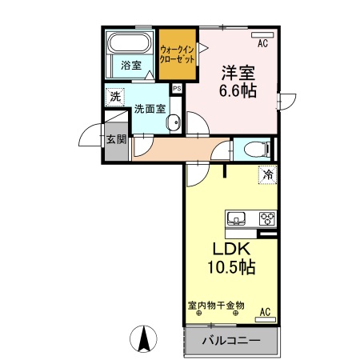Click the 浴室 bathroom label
pyautogui.click(x=130, y=66)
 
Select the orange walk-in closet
pyautogui.click(x=178, y=54)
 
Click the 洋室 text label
pyautogui.click(x=238, y=71)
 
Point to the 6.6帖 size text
pyautogui.click(x=238, y=90)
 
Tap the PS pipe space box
pyautogui.click(x=177, y=88)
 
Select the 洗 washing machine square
pyautogui.click(x=116, y=96)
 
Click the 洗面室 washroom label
pyautogui.click(x=149, y=108)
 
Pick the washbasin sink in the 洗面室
pyautogui.click(x=174, y=123)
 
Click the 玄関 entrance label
pyautogui.click(x=115, y=138)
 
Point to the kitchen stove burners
pyautogui.click(x=266, y=218)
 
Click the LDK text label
pyautogui.click(x=230, y=248)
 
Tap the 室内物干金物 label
pyautogui.click(x=216, y=305)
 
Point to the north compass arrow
pyautogui.click(x=146, y=340)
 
